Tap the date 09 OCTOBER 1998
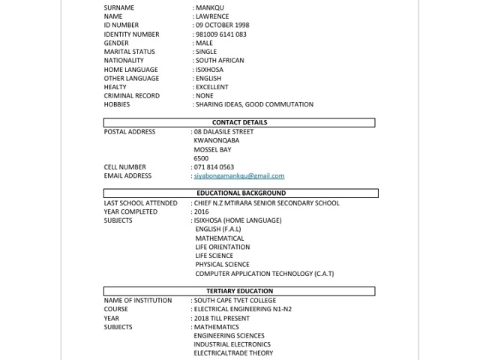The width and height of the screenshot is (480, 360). click(x=223, y=25)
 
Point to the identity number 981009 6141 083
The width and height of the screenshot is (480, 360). click(x=220, y=34)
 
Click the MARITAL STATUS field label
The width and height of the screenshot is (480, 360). click(x=129, y=52)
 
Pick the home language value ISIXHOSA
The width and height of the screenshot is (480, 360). click(x=209, y=70)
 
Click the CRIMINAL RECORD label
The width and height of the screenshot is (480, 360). click(x=132, y=96)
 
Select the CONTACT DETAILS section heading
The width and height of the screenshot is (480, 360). click(x=239, y=122)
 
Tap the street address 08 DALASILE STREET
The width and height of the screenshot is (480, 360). click(x=223, y=132)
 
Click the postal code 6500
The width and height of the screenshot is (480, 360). click(x=201, y=158)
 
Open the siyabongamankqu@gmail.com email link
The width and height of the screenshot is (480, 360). click(x=239, y=176)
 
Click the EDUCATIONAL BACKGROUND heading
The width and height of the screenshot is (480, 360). click(x=239, y=193)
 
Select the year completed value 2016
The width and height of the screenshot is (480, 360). click(x=202, y=211)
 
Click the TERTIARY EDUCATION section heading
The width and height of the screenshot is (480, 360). click(x=239, y=291)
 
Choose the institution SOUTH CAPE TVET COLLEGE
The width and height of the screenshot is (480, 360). click(x=235, y=300)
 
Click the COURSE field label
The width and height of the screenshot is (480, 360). click(x=116, y=309)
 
